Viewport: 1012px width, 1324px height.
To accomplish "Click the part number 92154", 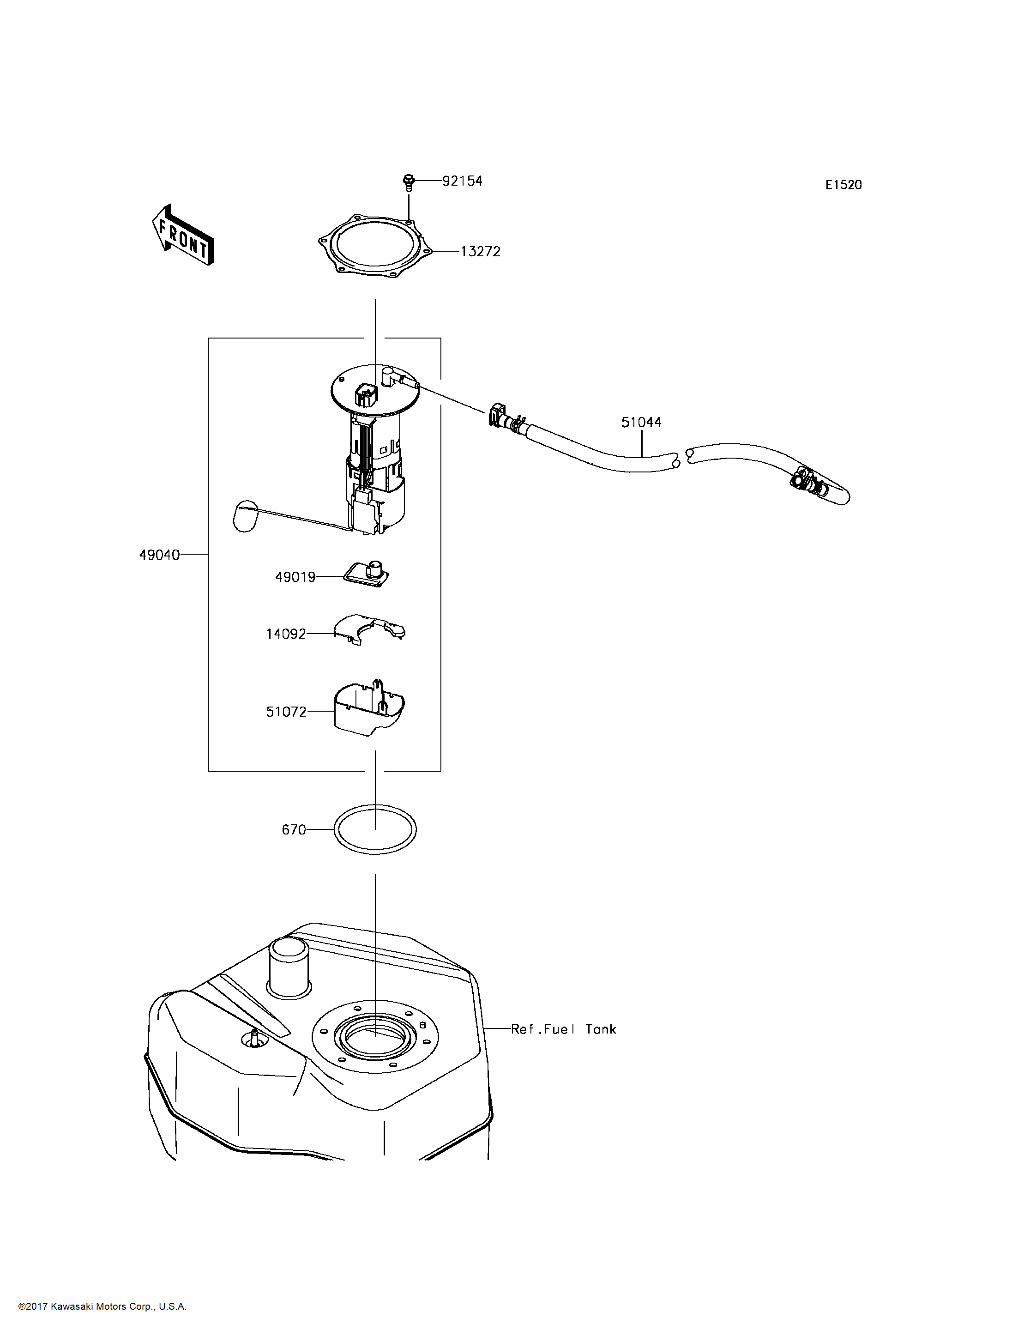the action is coord(462,181).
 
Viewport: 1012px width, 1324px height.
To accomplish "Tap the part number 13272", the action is coord(480,252).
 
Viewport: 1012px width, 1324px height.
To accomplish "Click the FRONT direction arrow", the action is coord(182,235).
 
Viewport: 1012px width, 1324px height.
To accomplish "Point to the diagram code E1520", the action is coord(843,185).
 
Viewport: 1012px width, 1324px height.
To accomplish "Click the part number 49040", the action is coord(160,555).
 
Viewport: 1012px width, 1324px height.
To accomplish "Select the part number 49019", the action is coord(295,577).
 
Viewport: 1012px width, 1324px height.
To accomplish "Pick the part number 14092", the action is coord(286,634).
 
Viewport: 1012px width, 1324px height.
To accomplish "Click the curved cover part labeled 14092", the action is coord(370,629).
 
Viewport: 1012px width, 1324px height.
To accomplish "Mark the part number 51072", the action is coord(286,712).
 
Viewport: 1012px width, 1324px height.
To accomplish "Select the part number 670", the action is coord(294,830).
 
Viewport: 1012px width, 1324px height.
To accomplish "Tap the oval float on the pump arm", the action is coord(245,516).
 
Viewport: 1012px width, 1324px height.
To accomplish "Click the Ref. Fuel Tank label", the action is coord(563,1029).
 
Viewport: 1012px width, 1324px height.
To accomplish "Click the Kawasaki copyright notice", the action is coord(102,1306).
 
